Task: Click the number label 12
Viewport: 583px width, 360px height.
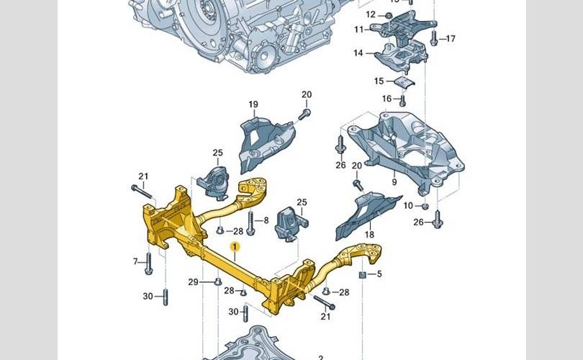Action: click(x=371, y=14)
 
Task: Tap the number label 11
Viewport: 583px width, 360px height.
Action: click(x=358, y=29)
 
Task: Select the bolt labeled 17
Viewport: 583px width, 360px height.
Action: click(x=434, y=38)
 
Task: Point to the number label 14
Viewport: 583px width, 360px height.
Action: click(x=358, y=53)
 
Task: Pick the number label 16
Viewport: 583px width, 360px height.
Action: click(x=387, y=99)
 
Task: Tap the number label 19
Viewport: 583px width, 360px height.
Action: click(x=253, y=105)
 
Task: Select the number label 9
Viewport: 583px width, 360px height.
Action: click(x=394, y=173)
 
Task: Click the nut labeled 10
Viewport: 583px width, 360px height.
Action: click(x=425, y=207)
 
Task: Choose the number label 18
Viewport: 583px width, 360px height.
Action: click(x=369, y=235)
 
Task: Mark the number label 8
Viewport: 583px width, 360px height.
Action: click(x=266, y=220)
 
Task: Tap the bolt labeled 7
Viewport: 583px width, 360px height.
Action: click(x=148, y=263)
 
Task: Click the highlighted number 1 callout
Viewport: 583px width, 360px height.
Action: click(x=234, y=248)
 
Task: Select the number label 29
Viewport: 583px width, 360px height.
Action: click(x=193, y=282)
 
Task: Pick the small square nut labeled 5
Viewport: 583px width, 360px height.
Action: click(x=363, y=275)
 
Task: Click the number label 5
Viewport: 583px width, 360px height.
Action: click(x=379, y=274)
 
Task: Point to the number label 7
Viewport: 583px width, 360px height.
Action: click(x=135, y=261)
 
